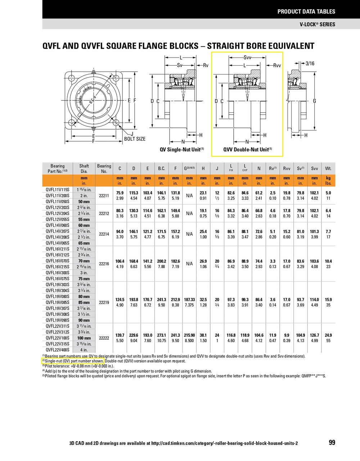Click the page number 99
pyautogui.click(x=332, y=442)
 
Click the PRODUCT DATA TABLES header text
pyautogui.click(x=306, y=12)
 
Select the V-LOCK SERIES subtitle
pyautogui.click(x=317, y=24)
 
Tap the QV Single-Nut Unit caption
pyautogui.click(x=182, y=149)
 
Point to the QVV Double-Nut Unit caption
pyautogui.click(x=247, y=149)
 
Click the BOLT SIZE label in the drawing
pyautogui.click(x=135, y=139)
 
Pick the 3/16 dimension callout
pyautogui.click(x=310, y=63)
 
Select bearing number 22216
pyautogui.click(x=104, y=264)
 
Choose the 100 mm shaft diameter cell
pyautogui.click(x=84, y=338)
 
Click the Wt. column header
pyautogui.click(x=328, y=169)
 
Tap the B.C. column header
pyautogui.click(x=162, y=169)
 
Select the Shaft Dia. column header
pyautogui.click(x=84, y=169)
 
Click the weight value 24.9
pyautogui.click(x=328, y=335)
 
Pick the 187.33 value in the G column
pyautogui.click(x=189, y=299)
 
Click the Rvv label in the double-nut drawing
pyautogui.click(x=277, y=66)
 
